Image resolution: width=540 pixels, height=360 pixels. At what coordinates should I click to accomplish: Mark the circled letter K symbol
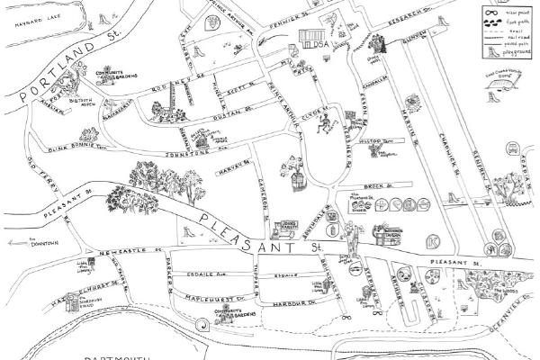[436, 240]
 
